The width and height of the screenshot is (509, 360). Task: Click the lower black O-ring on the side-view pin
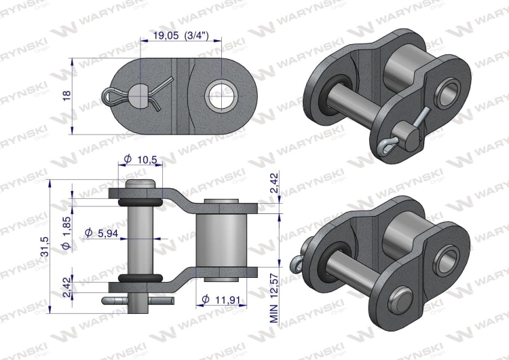[x=140, y=278]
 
